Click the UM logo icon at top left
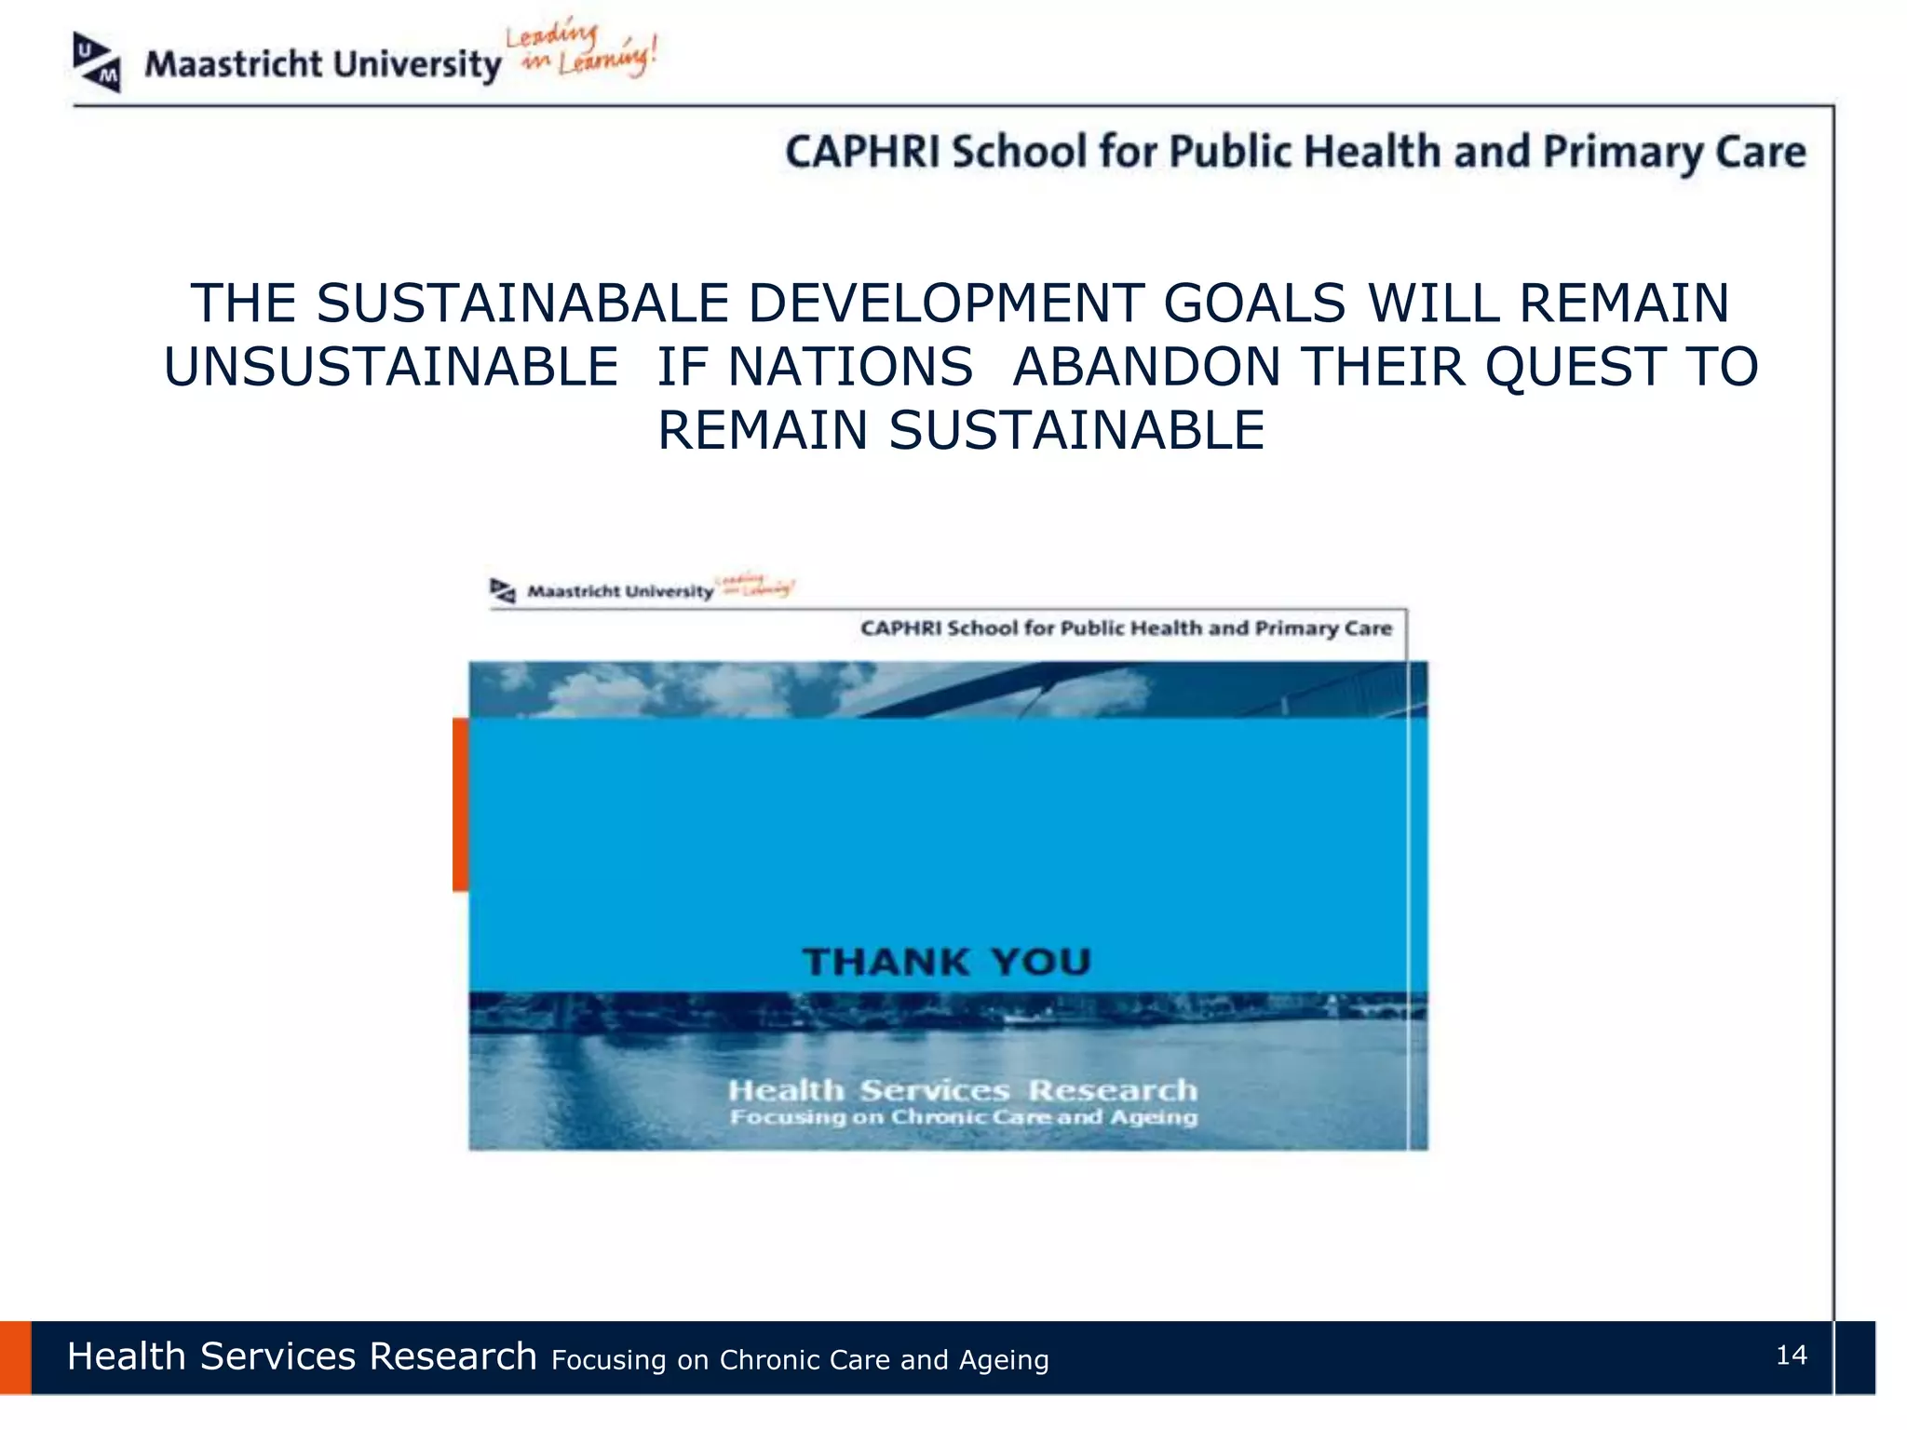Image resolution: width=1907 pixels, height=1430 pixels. [97, 62]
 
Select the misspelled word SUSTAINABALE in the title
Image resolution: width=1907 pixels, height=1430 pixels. [522, 304]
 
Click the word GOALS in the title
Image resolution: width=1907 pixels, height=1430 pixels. [1254, 304]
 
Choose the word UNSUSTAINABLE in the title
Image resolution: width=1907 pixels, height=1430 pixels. [391, 367]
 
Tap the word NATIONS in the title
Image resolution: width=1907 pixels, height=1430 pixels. [850, 367]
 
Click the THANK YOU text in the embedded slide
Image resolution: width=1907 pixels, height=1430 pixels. [947, 962]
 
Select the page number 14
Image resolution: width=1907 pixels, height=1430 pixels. [1791, 1356]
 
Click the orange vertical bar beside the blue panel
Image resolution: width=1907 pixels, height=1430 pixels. [460, 804]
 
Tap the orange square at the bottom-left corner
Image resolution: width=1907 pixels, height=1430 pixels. [15, 1357]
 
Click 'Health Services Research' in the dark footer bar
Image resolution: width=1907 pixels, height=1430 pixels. [302, 1356]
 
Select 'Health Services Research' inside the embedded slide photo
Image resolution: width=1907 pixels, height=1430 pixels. [962, 1090]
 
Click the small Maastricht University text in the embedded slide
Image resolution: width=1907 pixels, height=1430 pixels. [620, 591]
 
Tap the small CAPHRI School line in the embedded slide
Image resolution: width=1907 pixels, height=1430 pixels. [1125, 628]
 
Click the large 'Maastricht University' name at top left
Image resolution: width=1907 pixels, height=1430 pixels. [322, 65]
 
